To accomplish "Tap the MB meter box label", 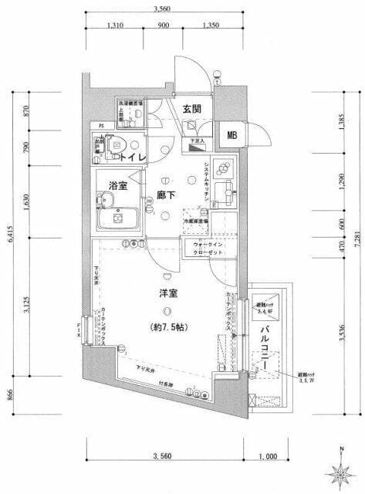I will click(x=232, y=136).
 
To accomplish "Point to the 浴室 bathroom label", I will click(x=118, y=186).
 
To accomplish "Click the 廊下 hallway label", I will click(x=166, y=195).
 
